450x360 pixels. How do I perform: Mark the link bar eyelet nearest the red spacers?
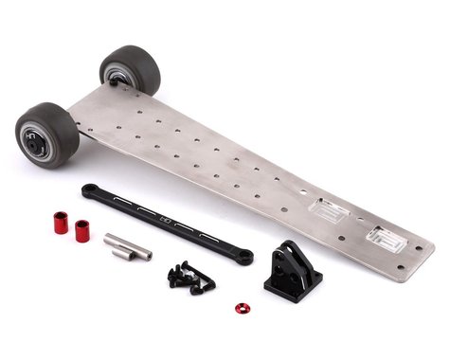[x=88, y=189]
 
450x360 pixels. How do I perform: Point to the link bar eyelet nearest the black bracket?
[x=244, y=257]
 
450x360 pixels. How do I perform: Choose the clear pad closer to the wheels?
[x=328, y=210]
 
